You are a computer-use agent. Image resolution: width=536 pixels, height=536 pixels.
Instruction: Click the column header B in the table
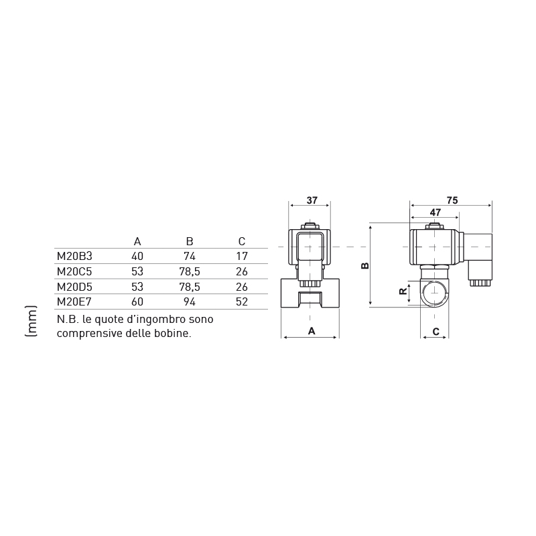coord(190,241)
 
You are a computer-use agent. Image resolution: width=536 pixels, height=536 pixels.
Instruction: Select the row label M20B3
coord(74,256)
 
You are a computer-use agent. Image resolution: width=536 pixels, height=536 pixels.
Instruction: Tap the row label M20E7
coord(74,301)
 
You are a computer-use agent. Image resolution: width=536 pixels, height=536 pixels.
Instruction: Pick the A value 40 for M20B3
coord(137,256)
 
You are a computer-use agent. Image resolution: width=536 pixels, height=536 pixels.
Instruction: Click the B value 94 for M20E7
coord(190,301)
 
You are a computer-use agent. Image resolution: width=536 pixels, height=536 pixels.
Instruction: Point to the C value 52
coord(242,301)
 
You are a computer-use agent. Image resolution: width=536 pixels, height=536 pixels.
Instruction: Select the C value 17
coord(242,256)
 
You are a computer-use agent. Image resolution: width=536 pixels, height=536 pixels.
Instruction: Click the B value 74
coord(190,256)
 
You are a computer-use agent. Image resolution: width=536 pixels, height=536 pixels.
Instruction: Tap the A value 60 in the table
coord(137,301)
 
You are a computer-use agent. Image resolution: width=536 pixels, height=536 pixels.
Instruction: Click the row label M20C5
coord(74,271)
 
